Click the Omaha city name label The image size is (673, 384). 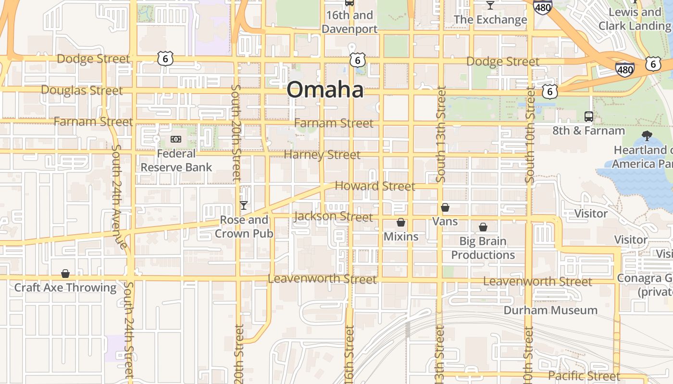325,90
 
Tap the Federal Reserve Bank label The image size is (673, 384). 176,160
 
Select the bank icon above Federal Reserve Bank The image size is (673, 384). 176,139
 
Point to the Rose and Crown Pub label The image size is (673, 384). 244,227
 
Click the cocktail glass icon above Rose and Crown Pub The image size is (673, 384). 244,205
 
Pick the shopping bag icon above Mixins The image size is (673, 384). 401,223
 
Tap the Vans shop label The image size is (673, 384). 445,221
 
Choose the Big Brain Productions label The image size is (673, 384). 483,248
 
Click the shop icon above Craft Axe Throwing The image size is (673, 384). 65,274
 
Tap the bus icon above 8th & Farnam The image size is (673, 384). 588,116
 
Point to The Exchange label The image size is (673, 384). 490,20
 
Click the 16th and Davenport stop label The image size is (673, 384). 349,22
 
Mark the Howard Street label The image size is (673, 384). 375,186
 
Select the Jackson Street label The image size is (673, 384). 334,216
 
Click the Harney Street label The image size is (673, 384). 322,155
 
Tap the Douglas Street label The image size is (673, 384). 82,90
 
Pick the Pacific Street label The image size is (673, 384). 584,376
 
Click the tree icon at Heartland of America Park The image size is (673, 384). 647,136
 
